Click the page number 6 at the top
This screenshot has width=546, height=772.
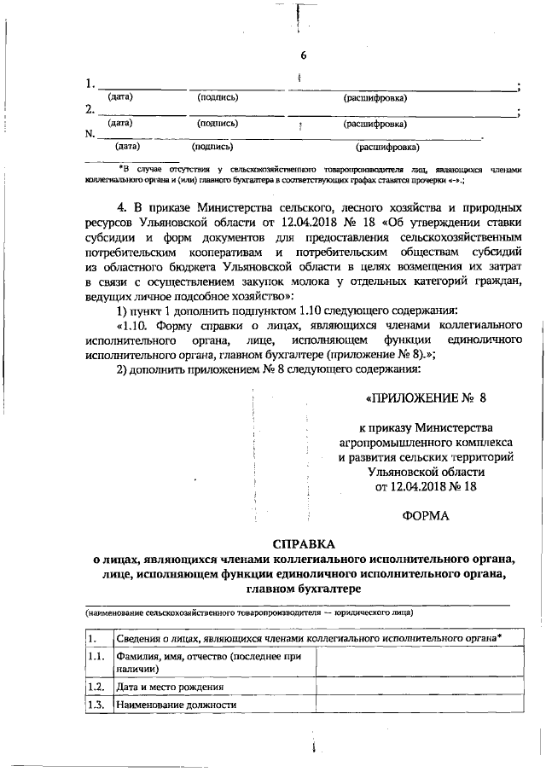303,56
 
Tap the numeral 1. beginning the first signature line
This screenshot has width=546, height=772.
90,84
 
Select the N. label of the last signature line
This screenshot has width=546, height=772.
90,134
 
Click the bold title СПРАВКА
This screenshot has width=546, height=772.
304,544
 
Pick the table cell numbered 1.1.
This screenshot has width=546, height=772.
96,656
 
